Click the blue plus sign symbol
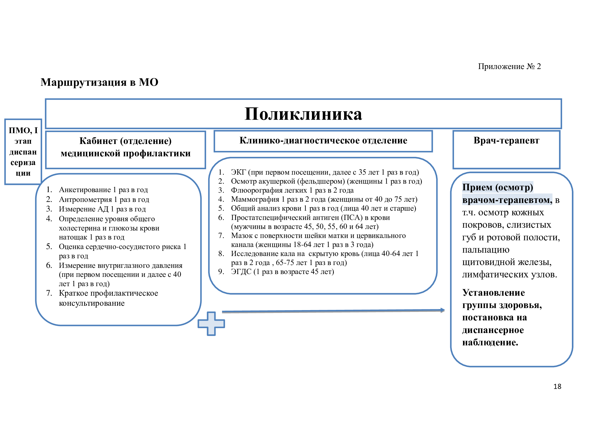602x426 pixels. pyautogui.click(x=211, y=323)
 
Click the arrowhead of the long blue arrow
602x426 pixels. pyautogui.click(x=443, y=310)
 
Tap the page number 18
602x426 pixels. pyautogui.click(x=557, y=386)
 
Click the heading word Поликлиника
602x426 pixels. pyautogui.click(x=303, y=114)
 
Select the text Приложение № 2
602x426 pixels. pyautogui.click(x=509, y=66)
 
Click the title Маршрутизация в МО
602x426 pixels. pyautogui.click(x=99, y=82)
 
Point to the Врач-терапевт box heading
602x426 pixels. pyautogui.click(x=506, y=141)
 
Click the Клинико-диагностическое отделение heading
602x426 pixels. pyautogui.click(x=323, y=141)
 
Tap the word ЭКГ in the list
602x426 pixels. pyautogui.click(x=238, y=172)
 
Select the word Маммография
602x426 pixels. pyautogui.click(x=255, y=199)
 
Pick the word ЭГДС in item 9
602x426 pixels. pyautogui.click(x=241, y=272)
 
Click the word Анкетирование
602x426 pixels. pyautogui.click(x=85, y=190)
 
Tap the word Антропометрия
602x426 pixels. pyautogui.click(x=85, y=200)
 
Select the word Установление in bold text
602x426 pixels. pyautogui.click(x=493, y=293)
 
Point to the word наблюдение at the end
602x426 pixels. pyautogui.click(x=490, y=343)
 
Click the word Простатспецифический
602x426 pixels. pyautogui.click(x=285, y=218)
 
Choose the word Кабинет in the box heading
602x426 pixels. pyautogui.click(x=98, y=141)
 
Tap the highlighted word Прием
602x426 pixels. pyautogui.click(x=477, y=187)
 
